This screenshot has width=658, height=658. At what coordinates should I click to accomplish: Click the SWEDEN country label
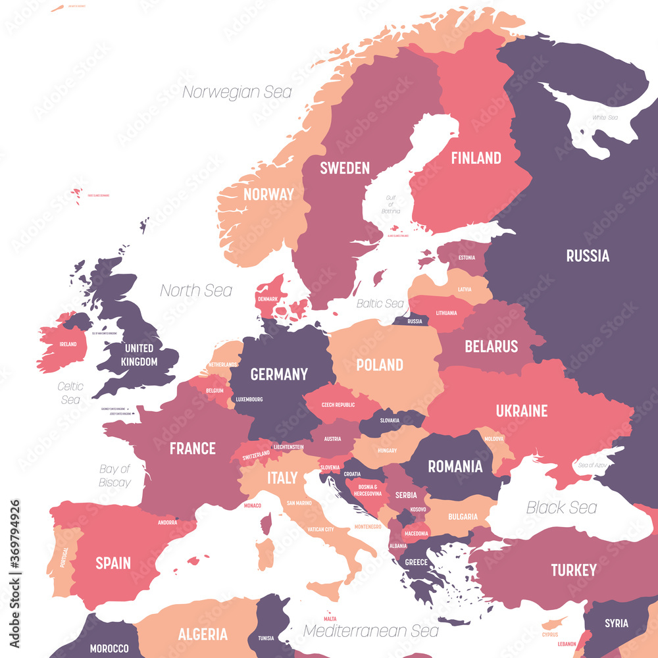pyautogui.click(x=345, y=168)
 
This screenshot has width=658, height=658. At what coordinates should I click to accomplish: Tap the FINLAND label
pyautogui.click(x=476, y=158)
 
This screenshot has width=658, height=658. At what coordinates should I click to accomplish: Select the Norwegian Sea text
pyautogui.click(x=237, y=92)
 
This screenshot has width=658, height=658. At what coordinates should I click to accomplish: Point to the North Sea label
pyautogui.click(x=196, y=290)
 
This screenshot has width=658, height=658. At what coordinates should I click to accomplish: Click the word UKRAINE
pyautogui.click(x=522, y=411)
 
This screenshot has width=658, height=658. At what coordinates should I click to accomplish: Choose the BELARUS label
pyautogui.click(x=492, y=346)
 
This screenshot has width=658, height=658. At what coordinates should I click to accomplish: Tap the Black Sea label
pyautogui.click(x=561, y=507)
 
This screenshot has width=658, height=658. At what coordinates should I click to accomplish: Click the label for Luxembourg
pyautogui.click(x=249, y=399)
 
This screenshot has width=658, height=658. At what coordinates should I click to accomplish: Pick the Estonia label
pyautogui.click(x=467, y=257)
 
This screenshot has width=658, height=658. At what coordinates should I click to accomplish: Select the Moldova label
pyautogui.click(x=494, y=438)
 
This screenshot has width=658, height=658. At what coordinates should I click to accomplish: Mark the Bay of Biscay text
pyautogui.click(x=115, y=476)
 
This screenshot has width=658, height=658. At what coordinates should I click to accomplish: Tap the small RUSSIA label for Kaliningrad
pyautogui.click(x=415, y=322)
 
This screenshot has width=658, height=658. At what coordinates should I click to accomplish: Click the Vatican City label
pyautogui.click(x=320, y=529)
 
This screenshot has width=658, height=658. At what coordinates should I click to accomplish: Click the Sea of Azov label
pyautogui.click(x=591, y=465)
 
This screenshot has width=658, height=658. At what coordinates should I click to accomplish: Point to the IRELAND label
pyautogui.click(x=67, y=344)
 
